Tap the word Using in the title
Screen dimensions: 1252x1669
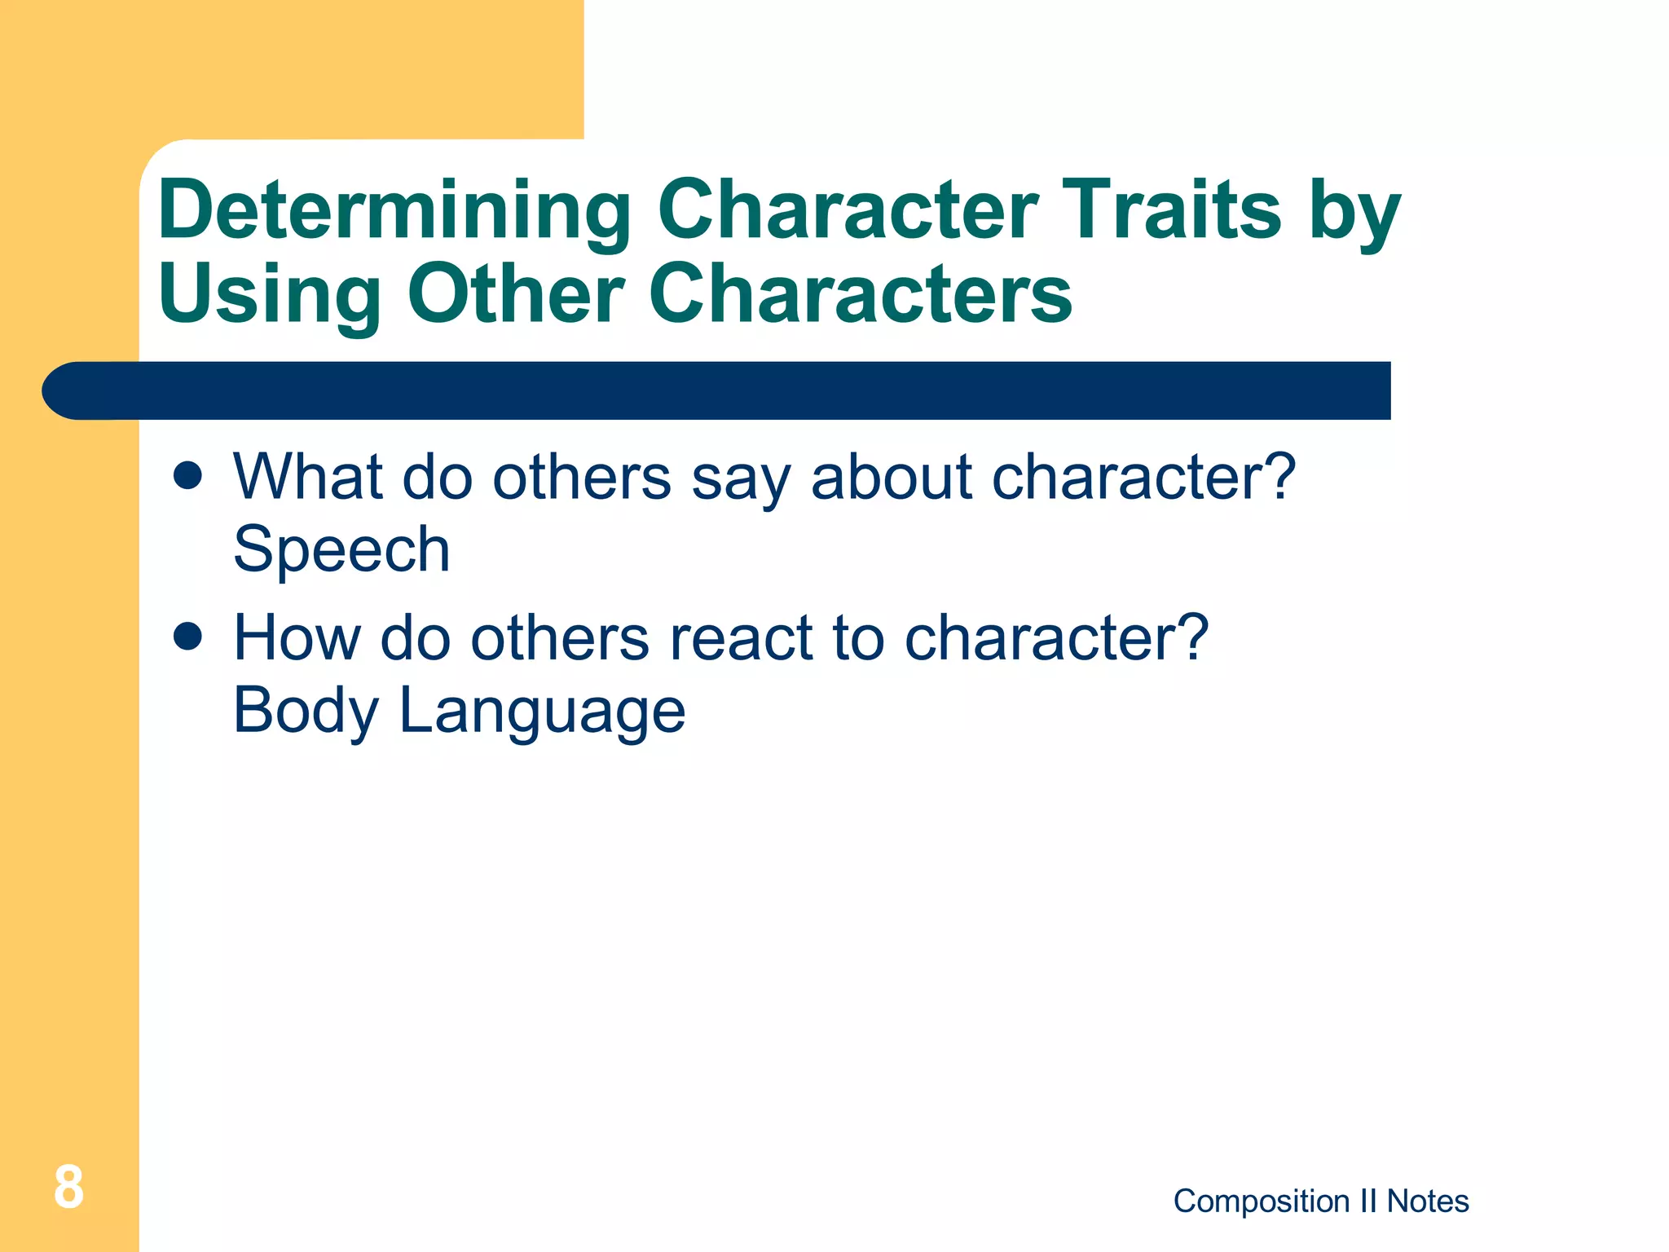(269, 295)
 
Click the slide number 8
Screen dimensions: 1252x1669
(68, 1188)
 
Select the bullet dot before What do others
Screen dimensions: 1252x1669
(187, 476)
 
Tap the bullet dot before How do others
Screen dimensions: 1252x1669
(187, 637)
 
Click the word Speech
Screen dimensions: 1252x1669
(341, 549)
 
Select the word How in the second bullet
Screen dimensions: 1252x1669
(297, 637)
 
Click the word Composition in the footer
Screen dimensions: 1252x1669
(1261, 1201)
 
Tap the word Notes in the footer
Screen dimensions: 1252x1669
(1428, 1201)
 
